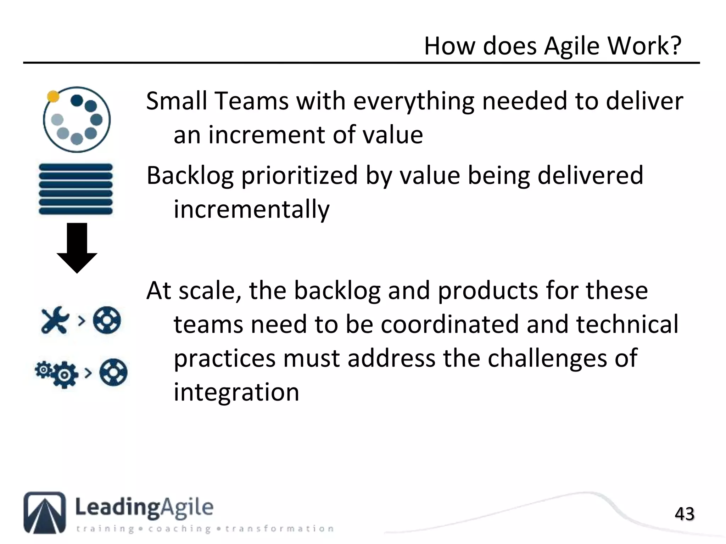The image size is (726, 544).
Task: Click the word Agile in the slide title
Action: pos(571,46)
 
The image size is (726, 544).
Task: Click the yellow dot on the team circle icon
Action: pos(53,96)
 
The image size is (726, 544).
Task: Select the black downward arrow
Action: pos(77,248)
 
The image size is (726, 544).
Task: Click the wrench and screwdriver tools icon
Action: pos(55,320)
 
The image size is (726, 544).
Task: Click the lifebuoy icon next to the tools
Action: pos(107,320)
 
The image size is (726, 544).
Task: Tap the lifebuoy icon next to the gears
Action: pos(113,372)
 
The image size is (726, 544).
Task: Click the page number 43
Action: pos(684,514)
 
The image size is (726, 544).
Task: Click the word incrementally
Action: pos(251,209)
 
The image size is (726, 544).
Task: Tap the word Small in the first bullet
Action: pos(176,101)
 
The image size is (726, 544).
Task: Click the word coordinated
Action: pos(448,324)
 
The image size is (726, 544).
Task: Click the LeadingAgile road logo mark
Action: pos(45,512)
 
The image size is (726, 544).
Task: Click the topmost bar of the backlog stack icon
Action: pos(76,167)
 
